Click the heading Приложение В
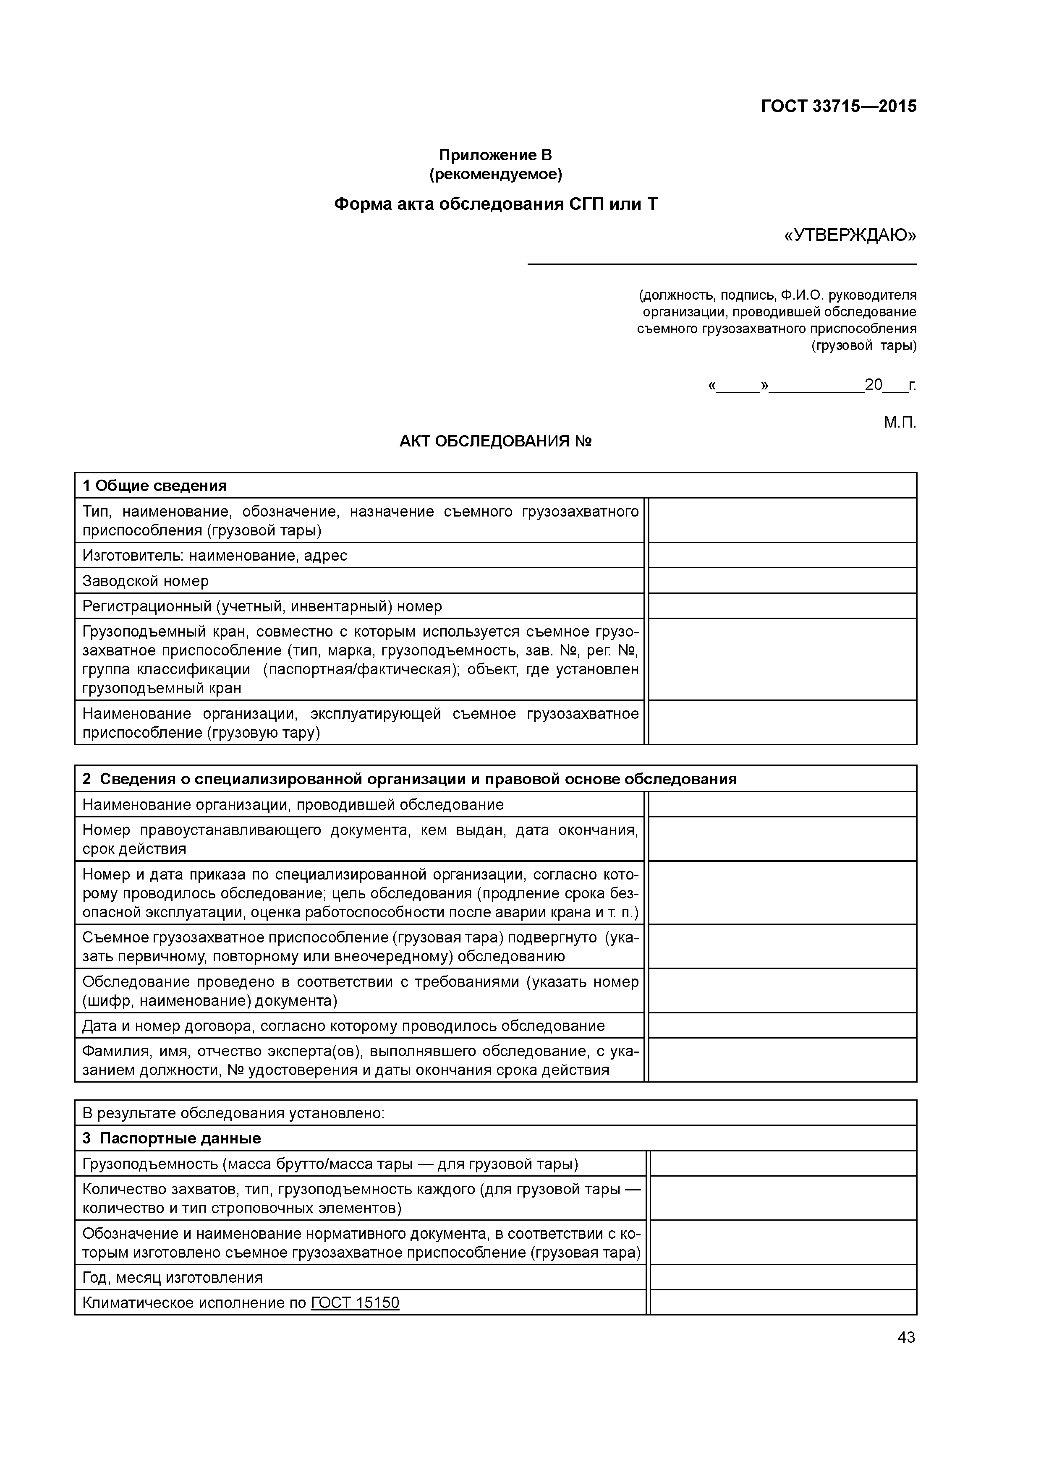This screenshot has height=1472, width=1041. [495, 155]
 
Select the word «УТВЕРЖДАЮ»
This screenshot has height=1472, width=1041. [850, 236]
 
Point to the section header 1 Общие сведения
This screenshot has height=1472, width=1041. [154, 485]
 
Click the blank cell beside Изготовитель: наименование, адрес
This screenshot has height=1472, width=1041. [782, 555]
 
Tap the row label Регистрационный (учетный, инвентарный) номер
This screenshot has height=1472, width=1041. [262, 606]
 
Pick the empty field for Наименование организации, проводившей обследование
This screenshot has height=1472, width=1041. [782, 804]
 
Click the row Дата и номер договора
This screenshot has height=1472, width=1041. [343, 1026]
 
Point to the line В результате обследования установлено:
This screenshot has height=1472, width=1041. [233, 1113]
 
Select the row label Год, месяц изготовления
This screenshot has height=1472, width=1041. [173, 1278]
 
